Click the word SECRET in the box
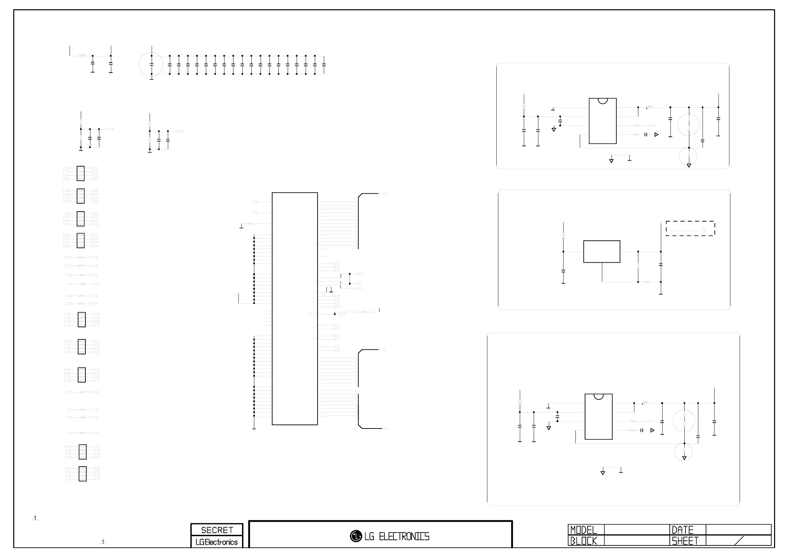[x=217, y=530]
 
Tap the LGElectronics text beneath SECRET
[x=217, y=542]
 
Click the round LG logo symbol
[x=356, y=536]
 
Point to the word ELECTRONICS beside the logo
[x=404, y=536]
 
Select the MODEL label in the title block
[x=583, y=530]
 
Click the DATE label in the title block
[x=682, y=530]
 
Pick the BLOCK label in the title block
[x=583, y=541]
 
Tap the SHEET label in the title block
[x=685, y=541]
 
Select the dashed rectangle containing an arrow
[x=690, y=228]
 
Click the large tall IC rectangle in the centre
[x=294, y=309]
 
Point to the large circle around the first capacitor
[x=151, y=65]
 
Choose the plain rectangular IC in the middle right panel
[x=602, y=252]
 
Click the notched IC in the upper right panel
[x=603, y=121]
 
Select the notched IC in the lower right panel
[x=599, y=417]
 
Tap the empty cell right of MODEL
[x=637, y=530]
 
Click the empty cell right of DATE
[x=738, y=530]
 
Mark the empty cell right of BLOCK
[x=637, y=541]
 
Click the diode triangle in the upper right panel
[x=656, y=135]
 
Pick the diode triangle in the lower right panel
[x=652, y=430]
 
